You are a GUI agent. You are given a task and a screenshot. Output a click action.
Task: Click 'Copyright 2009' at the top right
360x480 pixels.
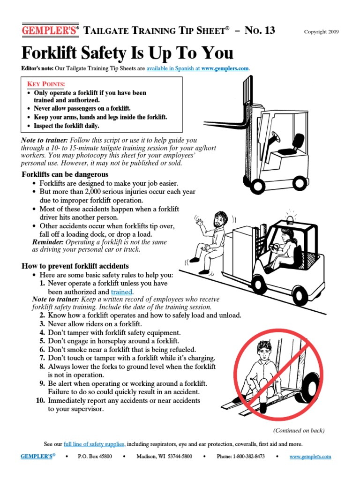click(321, 32)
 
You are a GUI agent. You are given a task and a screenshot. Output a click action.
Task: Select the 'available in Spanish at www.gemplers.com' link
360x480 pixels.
click(198, 68)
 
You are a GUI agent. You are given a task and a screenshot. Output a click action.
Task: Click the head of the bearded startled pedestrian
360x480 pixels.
click(220, 219)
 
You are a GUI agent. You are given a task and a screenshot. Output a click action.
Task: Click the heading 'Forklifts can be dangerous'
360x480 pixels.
click(65, 175)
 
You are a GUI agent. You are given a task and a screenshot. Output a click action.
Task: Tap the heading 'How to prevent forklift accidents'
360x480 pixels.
click(75, 266)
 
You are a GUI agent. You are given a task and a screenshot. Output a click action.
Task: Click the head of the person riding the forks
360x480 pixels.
click(263, 349)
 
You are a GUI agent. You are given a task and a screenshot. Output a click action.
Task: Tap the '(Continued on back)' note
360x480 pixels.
click(299, 430)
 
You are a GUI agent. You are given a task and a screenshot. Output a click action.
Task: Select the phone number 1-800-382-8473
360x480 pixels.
click(248, 457)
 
